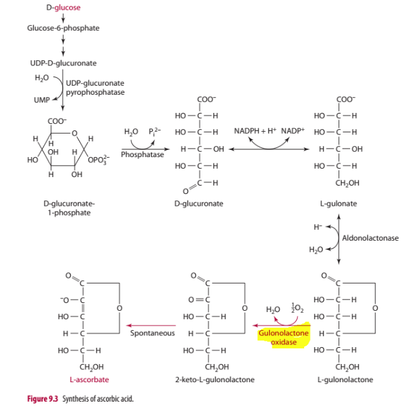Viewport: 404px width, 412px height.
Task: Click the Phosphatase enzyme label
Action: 142,155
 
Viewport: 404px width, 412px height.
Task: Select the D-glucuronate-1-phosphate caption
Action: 69,208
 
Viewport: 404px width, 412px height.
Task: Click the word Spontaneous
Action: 152,333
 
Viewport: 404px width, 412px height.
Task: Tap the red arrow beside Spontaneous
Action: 150,324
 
